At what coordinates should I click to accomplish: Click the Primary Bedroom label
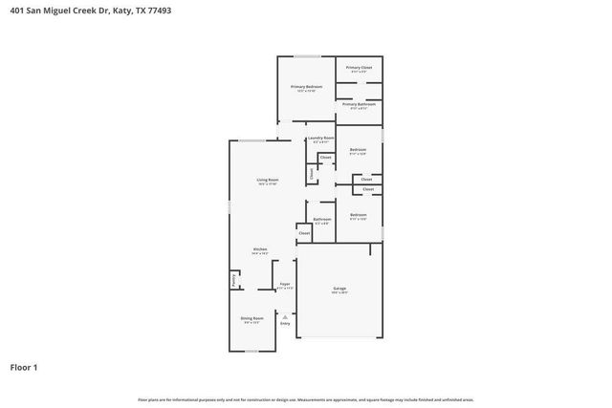[x=306, y=87]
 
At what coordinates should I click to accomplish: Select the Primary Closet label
[x=359, y=68]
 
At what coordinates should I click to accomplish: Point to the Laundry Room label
[x=318, y=140]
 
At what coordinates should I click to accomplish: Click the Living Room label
[x=267, y=180]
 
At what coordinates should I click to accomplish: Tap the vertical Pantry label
[x=233, y=279]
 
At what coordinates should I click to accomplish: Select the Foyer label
[x=284, y=284]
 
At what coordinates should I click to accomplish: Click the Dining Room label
[x=251, y=320]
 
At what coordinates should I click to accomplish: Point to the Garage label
[x=339, y=288]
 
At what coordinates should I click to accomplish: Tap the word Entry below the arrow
[x=284, y=324]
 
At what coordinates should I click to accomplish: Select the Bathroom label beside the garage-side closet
[x=322, y=219]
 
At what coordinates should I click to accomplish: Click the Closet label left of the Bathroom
[x=304, y=233]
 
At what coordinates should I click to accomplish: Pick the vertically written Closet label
[x=311, y=174]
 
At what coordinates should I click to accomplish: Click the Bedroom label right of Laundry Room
[x=358, y=150]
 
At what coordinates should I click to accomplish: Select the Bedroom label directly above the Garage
[x=358, y=215]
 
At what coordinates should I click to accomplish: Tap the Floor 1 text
[x=23, y=366]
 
